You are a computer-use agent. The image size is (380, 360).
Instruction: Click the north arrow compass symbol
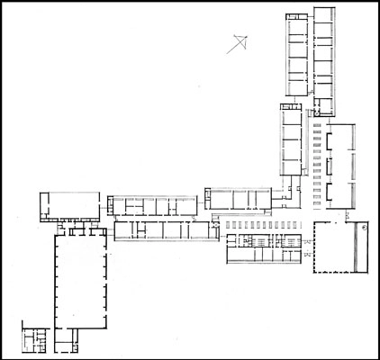(239, 40)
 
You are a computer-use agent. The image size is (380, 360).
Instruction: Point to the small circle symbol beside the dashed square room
(363, 229)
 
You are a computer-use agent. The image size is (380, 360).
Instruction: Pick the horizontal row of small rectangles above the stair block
(263, 223)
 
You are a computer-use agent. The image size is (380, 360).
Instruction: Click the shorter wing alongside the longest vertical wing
(297, 54)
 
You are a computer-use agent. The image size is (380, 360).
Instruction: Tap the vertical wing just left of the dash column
(290, 144)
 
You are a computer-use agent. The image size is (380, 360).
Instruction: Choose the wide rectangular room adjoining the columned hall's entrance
(68, 206)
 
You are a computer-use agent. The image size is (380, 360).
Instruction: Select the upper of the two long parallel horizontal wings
(150, 205)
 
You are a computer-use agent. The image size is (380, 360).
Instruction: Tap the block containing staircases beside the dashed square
(263, 247)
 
